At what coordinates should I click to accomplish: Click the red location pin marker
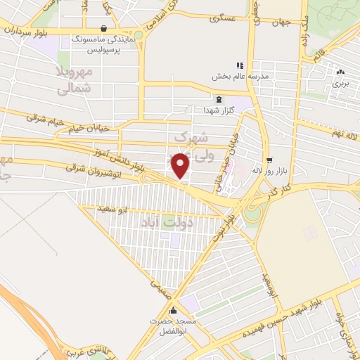[x=181, y=165]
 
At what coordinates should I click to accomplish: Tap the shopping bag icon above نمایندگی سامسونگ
[x=104, y=30]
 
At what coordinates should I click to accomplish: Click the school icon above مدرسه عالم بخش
[x=239, y=65]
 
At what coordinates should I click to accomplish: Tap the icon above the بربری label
[x=341, y=72]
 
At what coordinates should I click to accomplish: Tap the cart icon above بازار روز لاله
[x=270, y=160]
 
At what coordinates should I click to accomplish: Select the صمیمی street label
[x=157, y=288]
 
